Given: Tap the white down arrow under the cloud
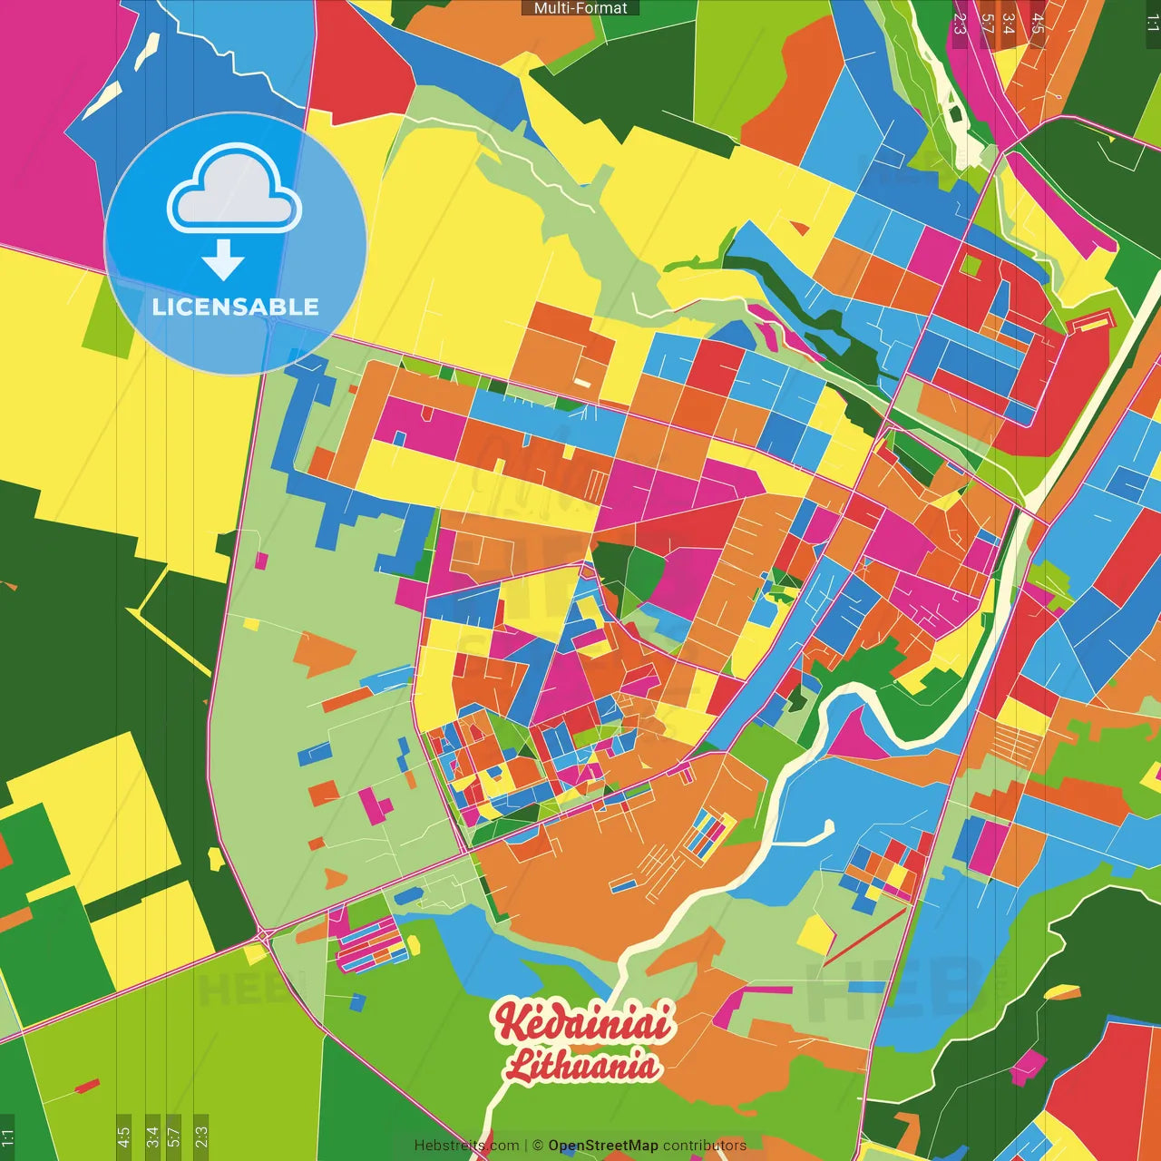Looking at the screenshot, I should pos(223,260).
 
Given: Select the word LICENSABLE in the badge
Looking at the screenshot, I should pos(235,307).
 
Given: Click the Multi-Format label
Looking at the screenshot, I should pos(580,8).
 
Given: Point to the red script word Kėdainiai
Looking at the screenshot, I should pos(583,1022).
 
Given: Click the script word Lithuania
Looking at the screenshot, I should pos(582,1065).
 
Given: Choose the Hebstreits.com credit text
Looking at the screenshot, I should pos(466,1146).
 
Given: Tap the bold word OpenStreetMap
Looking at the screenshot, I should pos(603,1146).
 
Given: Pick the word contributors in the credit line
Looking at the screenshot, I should pos(705,1146).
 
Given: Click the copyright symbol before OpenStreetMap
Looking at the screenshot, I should pos(537,1146).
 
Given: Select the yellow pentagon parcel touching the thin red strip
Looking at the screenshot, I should pos(816,934).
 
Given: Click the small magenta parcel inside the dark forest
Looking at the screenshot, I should pos(1028,1067).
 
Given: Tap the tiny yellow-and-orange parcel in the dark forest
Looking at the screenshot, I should pos(1061,992).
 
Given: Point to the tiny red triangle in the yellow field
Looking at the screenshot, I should pos(799,228).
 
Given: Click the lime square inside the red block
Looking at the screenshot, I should pos(971,266).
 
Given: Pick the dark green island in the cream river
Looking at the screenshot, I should pos(955,115).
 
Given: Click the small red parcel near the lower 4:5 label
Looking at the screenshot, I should pos(87,1086).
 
